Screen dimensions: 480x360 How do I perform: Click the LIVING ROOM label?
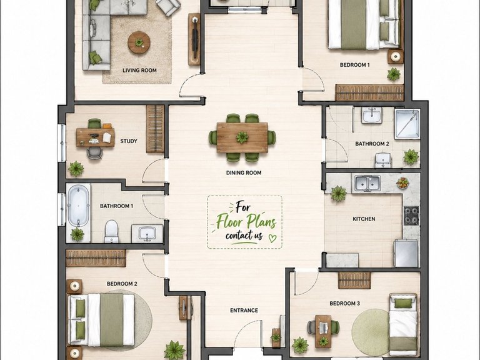tap(139, 71)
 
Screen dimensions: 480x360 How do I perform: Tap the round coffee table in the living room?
tap(139, 42)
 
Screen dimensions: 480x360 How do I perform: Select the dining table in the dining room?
tap(242, 137)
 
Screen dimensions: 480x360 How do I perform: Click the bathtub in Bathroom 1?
tap(79, 206)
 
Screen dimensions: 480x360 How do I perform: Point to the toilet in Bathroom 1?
tap(111, 231)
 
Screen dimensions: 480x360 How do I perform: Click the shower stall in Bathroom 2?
tap(407, 124)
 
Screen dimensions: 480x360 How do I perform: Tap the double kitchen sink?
tap(367, 183)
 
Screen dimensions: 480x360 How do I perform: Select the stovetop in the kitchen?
tap(411, 216)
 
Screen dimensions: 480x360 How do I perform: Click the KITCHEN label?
tap(364, 219)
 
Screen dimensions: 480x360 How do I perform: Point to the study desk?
tap(95, 137)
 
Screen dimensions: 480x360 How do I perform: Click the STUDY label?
tap(129, 141)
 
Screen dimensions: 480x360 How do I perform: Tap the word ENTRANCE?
tap(244, 311)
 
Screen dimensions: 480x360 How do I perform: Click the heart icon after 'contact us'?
tap(272, 238)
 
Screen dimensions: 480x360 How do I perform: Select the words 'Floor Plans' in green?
tap(246, 221)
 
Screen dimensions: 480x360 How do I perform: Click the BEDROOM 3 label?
tap(345, 303)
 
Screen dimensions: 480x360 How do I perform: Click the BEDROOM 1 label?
tap(355, 65)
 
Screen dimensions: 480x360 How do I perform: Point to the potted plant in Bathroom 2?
tap(411, 157)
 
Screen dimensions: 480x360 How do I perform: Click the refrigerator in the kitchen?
tap(406, 254)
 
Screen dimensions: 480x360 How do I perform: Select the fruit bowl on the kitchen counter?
tap(402, 182)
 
